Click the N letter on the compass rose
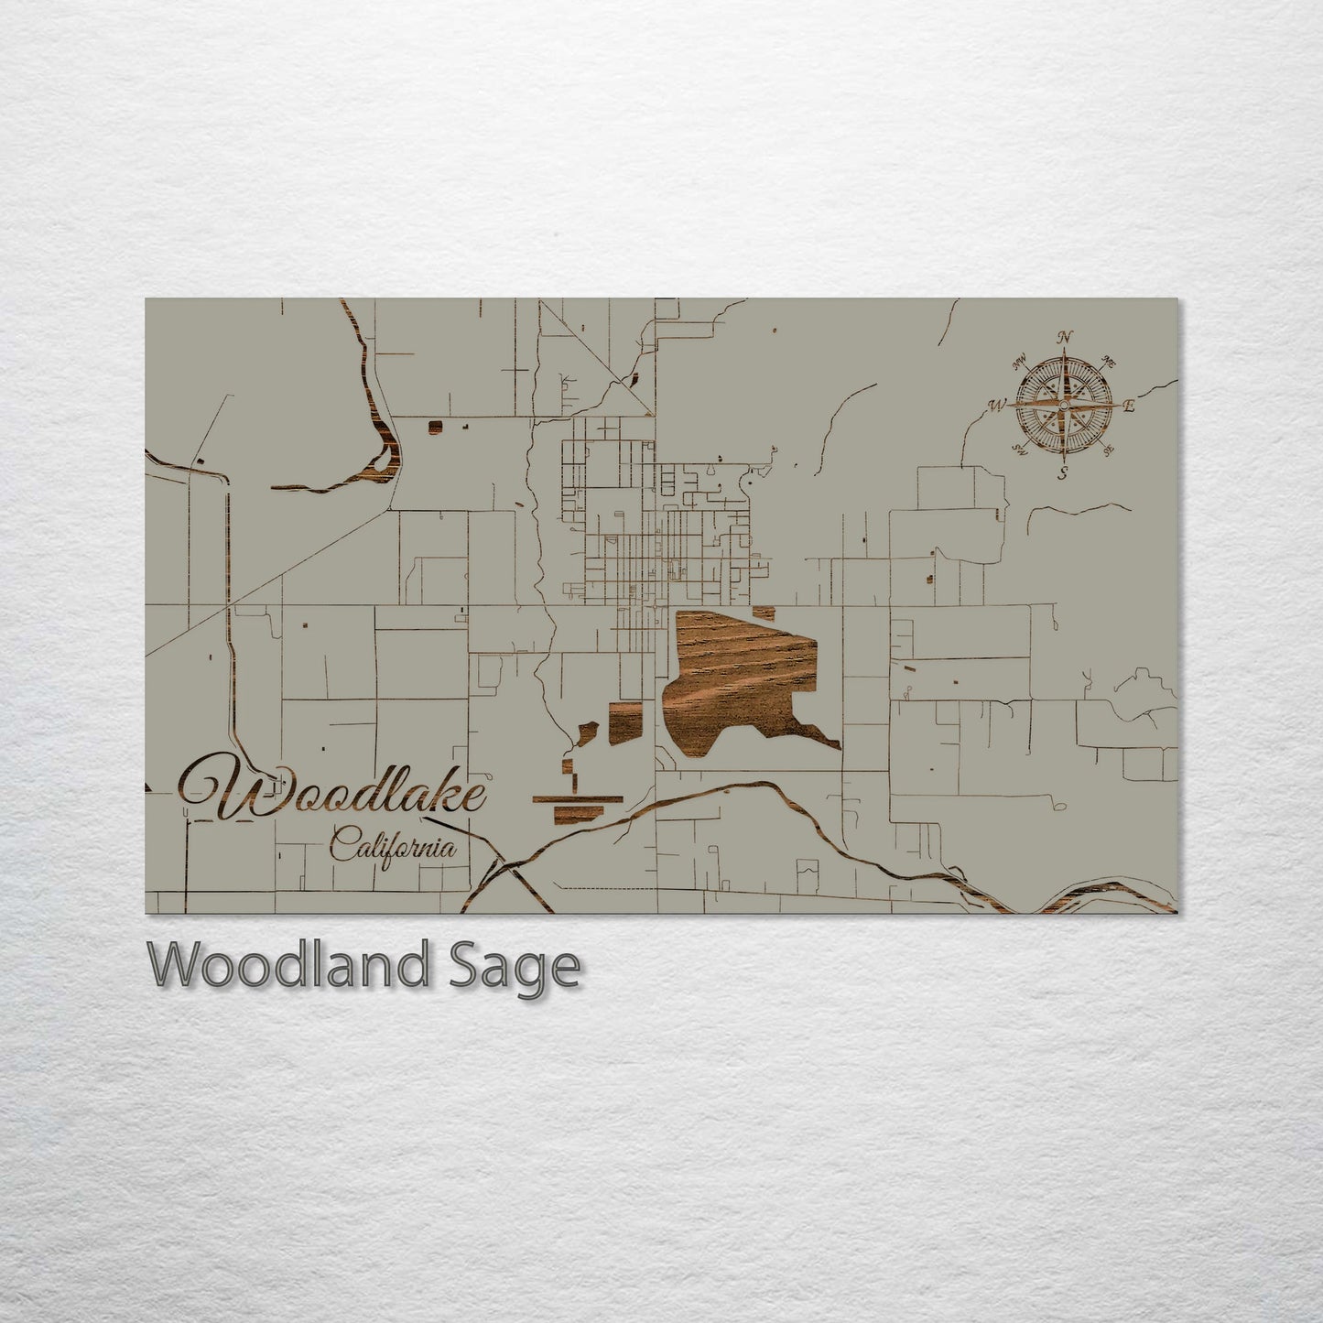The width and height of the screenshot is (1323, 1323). pos(1064,336)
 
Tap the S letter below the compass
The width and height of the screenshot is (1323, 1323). pos(1063,473)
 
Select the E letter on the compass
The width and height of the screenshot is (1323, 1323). pos(1129,407)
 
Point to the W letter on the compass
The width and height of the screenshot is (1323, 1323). pos(997,404)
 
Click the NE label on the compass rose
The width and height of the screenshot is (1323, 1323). pos(1110,359)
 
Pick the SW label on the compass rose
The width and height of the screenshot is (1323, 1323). pos(1018,450)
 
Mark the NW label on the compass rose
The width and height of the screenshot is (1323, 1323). pos(1020,359)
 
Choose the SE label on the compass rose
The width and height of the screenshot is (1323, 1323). pos(1109,450)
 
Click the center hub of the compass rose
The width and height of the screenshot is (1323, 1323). pos(1064,405)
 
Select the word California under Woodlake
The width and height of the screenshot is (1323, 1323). pos(394,844)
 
